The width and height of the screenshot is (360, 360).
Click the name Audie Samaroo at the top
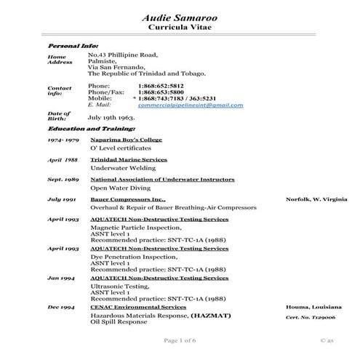pos(180,16)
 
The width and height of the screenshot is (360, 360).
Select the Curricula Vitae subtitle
pos(180,27)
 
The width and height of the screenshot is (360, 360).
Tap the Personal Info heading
pos(73,46)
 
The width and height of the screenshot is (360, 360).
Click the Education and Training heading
pos(91,128)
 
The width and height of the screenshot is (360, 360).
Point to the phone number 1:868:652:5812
pos(161,85)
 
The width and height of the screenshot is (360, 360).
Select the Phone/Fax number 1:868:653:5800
pos(161,92)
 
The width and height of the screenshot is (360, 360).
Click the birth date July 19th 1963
pos(113,116)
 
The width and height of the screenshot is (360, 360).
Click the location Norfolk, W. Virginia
pos(315,199)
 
